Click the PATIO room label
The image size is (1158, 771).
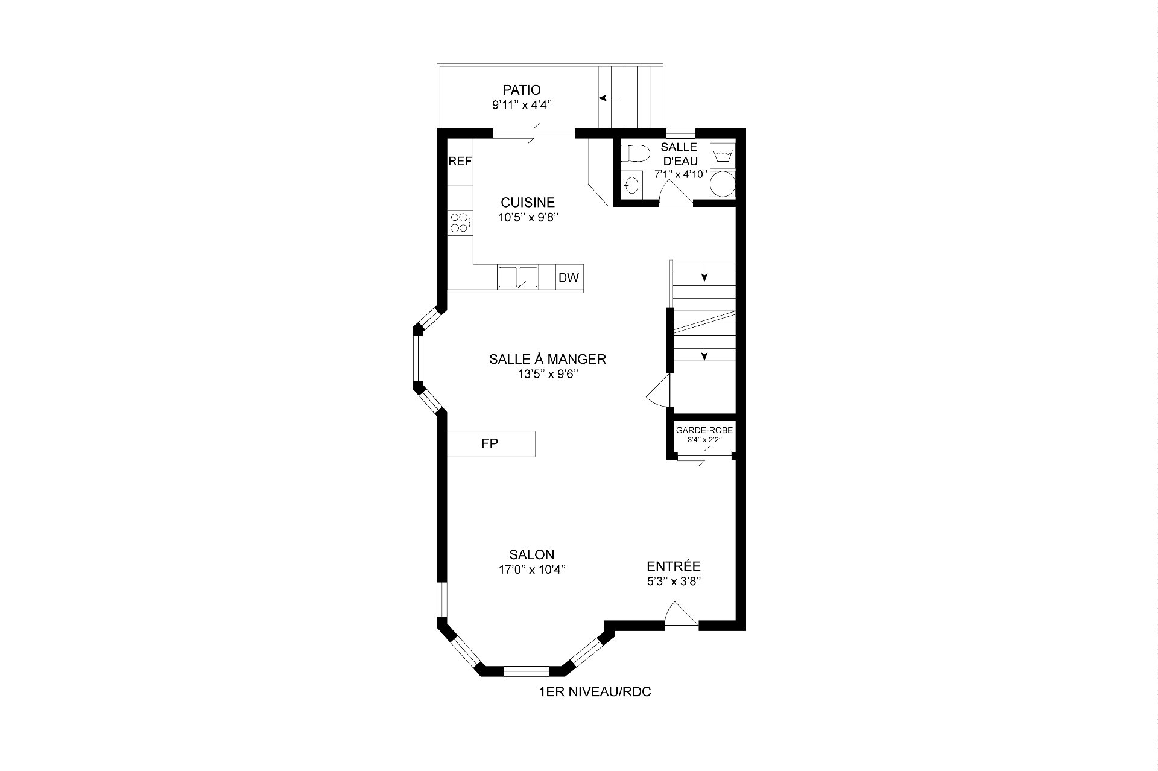coord(522,90)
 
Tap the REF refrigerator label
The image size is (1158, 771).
coord(460,161)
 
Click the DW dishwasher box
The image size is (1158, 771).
coord(569,278)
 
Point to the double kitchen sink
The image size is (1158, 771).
coord(517,277)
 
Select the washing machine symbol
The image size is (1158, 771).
coord(723,156)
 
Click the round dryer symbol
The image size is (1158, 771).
coord(723,184)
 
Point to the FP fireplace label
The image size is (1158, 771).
coord(490,444)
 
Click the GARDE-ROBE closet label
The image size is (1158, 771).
coord(704,430)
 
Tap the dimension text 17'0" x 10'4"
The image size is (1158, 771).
coord(532,570)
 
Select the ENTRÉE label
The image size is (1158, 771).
coord(674,567)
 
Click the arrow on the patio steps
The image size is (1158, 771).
coord(609,98)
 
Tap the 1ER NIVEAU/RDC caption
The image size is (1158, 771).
coord(595,692)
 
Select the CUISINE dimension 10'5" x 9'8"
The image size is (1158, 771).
coord(528,218)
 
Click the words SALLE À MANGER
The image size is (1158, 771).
coord(548,359)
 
